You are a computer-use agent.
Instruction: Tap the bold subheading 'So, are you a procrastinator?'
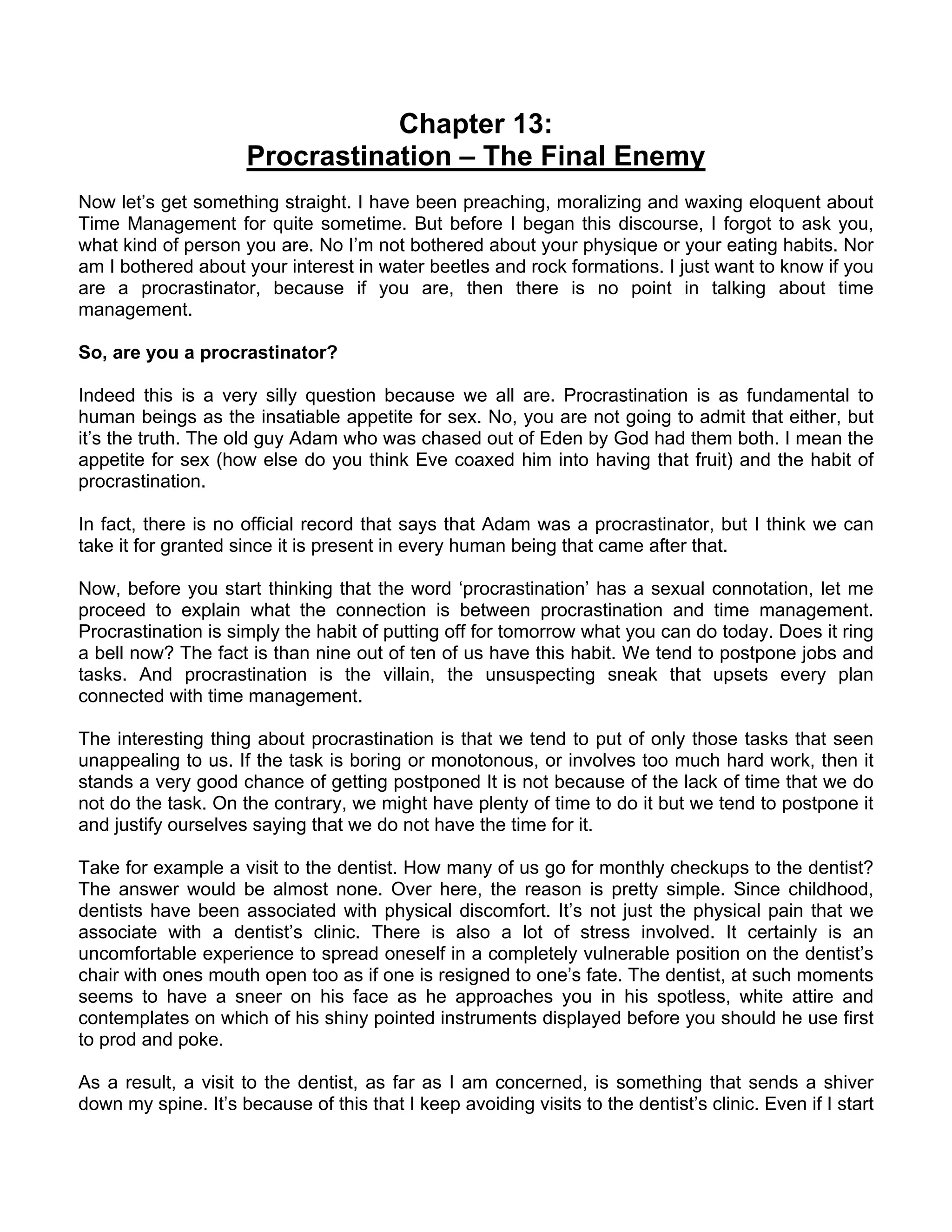point(207,353)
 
